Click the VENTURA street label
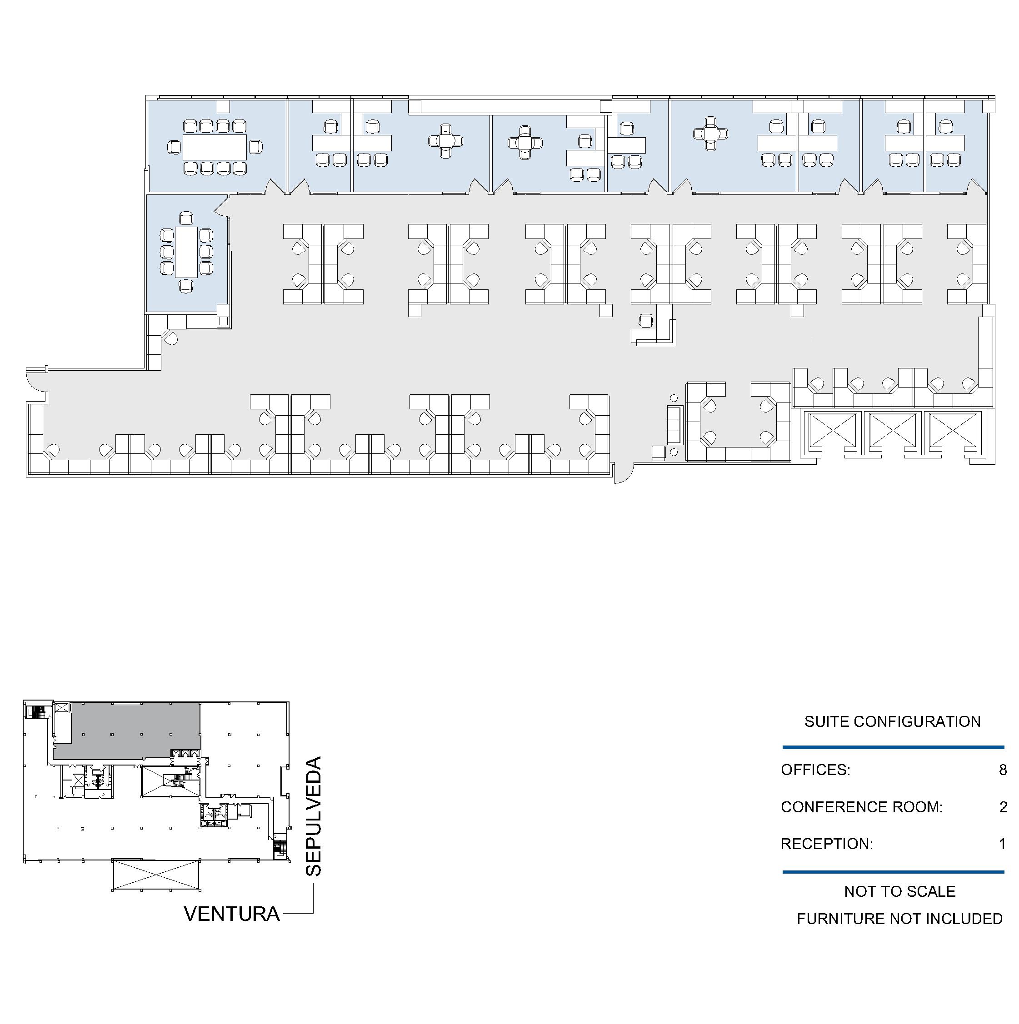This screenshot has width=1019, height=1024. (232, 914)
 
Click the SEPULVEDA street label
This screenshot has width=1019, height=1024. (314, 816)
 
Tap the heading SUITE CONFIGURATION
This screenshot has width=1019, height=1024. (892, 721)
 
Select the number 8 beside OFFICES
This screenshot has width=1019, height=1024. (1003, 770)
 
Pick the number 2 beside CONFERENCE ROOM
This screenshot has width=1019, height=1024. (1003, 807)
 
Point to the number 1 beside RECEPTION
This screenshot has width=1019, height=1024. (1003, 844)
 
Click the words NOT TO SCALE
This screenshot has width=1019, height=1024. (900, 891)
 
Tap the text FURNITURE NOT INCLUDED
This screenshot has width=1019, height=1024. (900, 919)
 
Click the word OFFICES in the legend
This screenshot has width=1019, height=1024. (815, 770)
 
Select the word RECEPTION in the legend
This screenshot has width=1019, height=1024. (827, 844)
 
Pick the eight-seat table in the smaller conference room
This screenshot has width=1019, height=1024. (186, 252)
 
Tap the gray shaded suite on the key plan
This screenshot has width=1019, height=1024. (127, 731)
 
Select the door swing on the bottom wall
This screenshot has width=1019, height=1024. (624, 474)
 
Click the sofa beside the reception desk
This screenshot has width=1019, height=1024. (674, 424)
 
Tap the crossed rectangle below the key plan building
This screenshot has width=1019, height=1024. (156, 875)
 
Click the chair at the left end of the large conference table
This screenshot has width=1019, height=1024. (173, 147)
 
